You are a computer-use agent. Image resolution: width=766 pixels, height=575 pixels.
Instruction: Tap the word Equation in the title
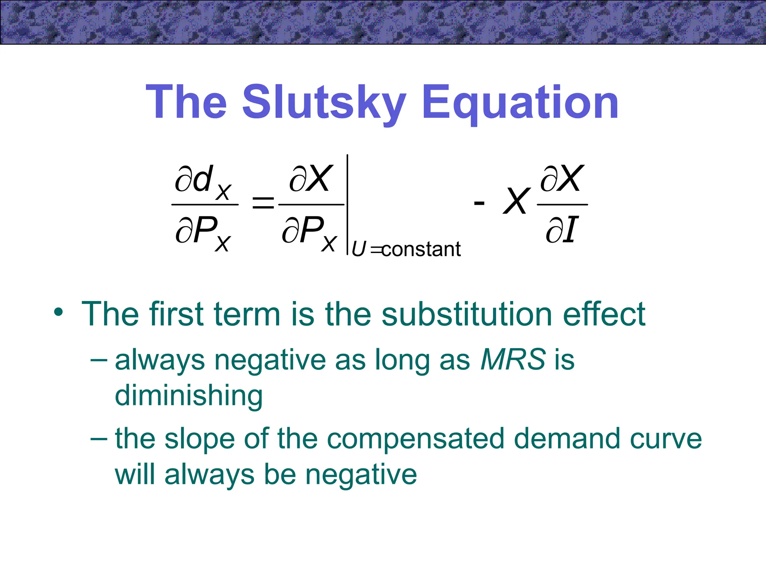[x=520, y=103]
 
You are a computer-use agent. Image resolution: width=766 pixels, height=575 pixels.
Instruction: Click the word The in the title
[x=186, y=103]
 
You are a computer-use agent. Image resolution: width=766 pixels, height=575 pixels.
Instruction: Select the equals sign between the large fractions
[x=263, y=204]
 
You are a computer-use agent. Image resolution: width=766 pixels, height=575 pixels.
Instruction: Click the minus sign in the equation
[x=479, y=204]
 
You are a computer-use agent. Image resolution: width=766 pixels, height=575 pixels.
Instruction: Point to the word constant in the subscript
[x=421, y=249]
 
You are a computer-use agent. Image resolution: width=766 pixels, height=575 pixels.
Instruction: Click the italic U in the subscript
[x=358, y=249]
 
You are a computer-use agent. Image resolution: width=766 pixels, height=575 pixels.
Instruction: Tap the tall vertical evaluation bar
[x=347, y=204]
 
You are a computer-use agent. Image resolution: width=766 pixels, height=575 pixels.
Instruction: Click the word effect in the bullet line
[x=604, y=314]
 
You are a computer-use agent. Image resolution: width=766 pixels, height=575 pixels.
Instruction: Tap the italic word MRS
[x=513, y=359]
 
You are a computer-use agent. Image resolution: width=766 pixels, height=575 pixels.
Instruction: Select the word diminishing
[x=189, y=396]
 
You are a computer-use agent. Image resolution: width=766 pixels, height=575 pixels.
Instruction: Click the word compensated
[x=415, y=439]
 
